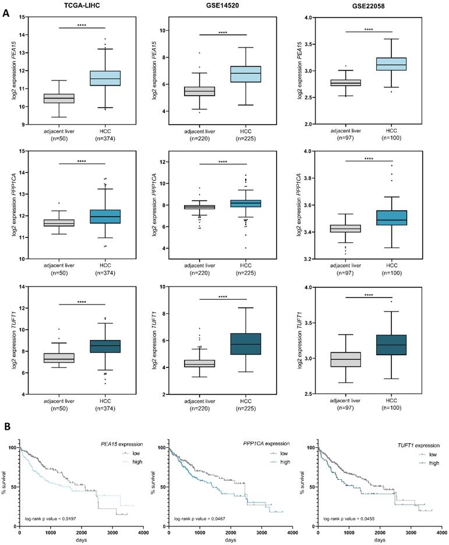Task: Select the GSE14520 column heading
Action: click(232, 5)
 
